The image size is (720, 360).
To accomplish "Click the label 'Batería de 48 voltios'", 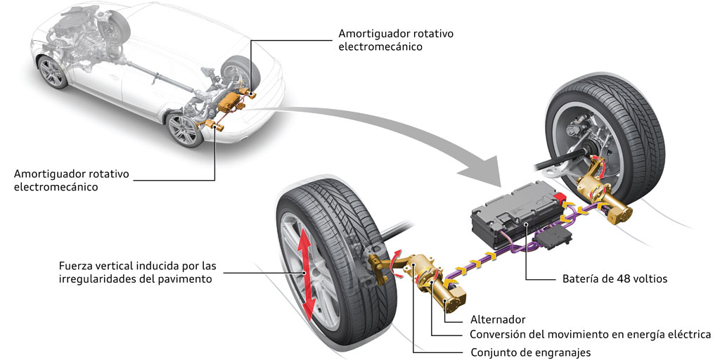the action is pyautogui.click(x=608, y=279).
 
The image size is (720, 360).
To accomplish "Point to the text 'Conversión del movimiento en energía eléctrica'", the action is pyautogui.click(x=591, y=335).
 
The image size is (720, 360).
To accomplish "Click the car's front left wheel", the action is pyautogui.click(x=51, y=72).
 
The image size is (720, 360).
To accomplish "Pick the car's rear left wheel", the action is pyautogui.click(x=184, y=129).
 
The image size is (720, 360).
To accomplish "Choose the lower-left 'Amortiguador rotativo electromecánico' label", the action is pyautogui.click(x=72, y=181).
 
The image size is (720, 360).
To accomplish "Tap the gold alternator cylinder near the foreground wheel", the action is pyautogui.click(x=450, y=295).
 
